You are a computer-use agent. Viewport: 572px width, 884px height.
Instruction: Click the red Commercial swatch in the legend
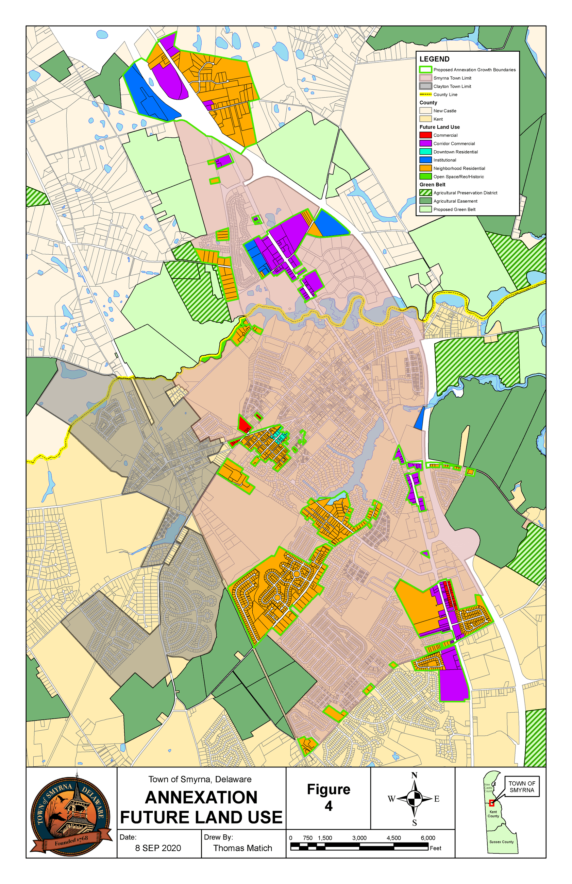(425, 135)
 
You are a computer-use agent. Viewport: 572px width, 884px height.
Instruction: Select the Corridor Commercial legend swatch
(425, 143)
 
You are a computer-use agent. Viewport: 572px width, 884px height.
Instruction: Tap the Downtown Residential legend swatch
(425, 152)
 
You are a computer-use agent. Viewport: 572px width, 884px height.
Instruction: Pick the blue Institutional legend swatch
(425, 160)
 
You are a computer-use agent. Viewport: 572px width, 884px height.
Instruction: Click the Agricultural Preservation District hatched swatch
(425, 193)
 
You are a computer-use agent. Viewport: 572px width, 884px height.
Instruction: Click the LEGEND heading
(434, 59)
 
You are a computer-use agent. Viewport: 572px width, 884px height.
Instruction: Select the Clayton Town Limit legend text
(452, 86)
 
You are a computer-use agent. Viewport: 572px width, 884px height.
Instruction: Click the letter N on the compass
(414, 775)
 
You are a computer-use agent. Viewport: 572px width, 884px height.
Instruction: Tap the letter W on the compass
(391, 799)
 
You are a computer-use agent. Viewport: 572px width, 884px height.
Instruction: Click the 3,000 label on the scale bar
(359, 838)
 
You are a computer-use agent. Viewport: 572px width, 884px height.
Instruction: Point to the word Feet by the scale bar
(435, 848)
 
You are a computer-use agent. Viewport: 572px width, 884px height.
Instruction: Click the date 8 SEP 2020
(158, 848)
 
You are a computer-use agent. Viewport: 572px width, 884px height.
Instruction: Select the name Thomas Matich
(242, 848)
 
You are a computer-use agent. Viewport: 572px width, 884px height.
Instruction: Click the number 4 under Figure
(329, 806)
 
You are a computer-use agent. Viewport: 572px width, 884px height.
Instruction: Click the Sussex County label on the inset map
(501, 842)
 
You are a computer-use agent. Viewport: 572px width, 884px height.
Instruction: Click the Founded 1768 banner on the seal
(71, 841)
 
